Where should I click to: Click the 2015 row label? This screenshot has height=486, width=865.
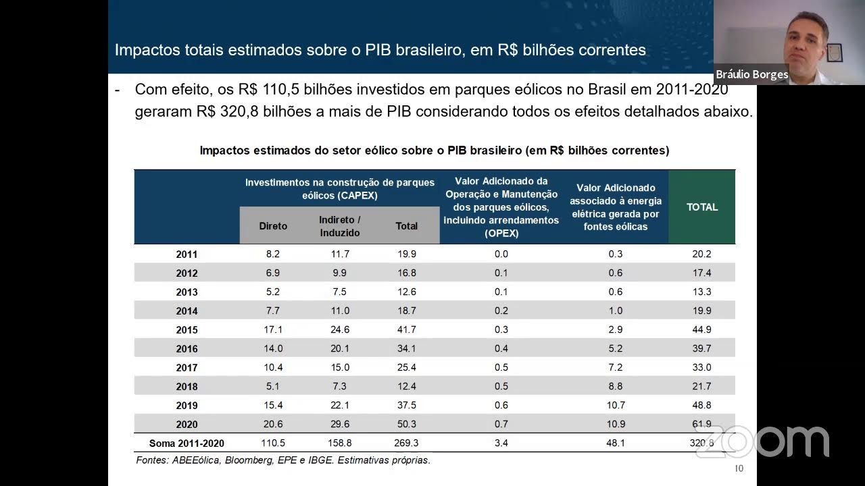(187, 330)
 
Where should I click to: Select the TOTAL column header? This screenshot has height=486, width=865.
(702, 207)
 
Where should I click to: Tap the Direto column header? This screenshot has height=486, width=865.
(273, 226)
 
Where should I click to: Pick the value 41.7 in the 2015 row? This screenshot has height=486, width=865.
(406, 329)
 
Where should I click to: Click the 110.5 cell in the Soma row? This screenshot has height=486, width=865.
(273, 443)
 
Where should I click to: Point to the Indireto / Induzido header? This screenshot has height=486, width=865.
(339, 226)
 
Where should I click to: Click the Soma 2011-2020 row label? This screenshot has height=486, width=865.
(187, 443)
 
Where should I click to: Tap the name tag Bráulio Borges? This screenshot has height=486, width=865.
(751, 74)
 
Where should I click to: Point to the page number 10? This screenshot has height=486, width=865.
(739, 468)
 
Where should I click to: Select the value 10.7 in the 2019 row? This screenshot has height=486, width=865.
(616, 405)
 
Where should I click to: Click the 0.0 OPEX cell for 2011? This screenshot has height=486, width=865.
(501, 254)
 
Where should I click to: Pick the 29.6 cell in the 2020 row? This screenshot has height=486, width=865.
(339, 424)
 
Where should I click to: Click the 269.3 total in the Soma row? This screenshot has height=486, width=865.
(406, 443)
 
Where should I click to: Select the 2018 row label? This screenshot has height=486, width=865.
(187, 387)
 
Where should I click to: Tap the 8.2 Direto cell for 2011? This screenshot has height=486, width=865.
(273, 254)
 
